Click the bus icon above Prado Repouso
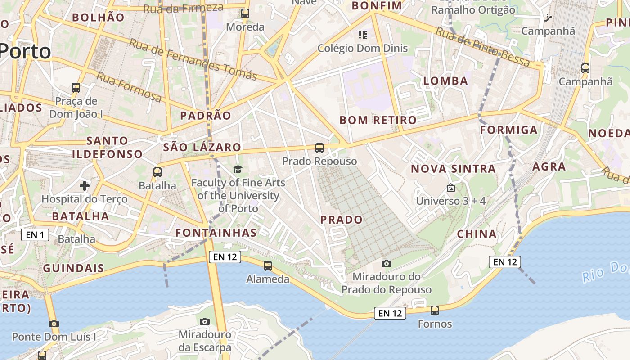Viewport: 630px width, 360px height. pos(319,148)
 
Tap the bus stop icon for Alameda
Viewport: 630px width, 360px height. pos(268,266)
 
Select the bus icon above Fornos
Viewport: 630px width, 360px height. pos(435,310)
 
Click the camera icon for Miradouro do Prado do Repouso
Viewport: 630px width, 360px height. pos(386,263)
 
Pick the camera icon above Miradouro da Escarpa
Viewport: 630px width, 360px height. pos(205,321)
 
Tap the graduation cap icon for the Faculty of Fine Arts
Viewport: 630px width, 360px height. pos(238,169)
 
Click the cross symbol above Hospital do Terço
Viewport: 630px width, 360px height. pos(85,185)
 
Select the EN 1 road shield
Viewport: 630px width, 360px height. pos(35,234)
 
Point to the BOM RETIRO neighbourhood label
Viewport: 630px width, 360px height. pos(378,120)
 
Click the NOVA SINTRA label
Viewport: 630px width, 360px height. pos(453,169)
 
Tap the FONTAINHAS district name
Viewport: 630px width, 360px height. pos(216,233)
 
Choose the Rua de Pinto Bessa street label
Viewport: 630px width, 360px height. pos(483,47)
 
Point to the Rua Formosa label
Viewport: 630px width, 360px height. pos(129,86)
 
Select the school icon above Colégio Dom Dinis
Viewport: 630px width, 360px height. pos(363,35)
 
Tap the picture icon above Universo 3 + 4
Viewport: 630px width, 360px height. pos(451,188)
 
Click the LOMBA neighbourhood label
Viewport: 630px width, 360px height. pos(445,81)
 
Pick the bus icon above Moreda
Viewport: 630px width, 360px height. pos(245,13)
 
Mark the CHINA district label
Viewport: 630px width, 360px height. pos(477,234)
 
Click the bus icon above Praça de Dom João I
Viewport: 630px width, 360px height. pos(76,87)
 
